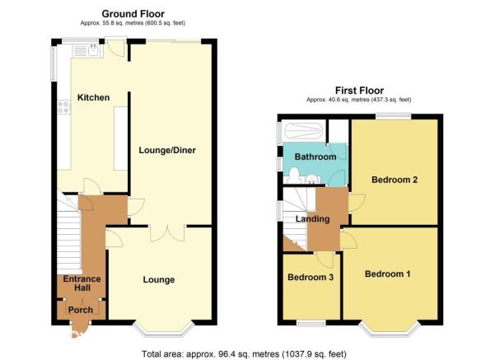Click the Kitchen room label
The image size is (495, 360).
coord(93,97)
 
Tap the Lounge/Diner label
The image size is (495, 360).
coord(167,150)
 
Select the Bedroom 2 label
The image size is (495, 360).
coord(395,180)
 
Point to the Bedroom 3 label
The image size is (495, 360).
coord(311,278)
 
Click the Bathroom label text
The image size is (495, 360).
coord(315,157)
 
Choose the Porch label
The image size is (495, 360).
coord(81,310)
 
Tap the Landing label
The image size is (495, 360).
coord(312,219)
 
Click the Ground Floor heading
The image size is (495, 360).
coord(133,14)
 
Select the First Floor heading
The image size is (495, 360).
coord(359,91)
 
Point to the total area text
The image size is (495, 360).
coord(244,354)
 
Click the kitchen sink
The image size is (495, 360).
coord(94,50)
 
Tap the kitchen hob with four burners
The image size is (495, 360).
coord(63,107)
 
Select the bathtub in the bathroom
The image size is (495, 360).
coord(303,131)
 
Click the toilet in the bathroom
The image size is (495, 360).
coord(293,175)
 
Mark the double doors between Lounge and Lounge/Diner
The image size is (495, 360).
coord(167,234)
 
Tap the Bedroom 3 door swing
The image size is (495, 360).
coord(325,259)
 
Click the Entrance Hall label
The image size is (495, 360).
coord(82,283)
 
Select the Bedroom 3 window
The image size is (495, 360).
coord(311,323)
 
